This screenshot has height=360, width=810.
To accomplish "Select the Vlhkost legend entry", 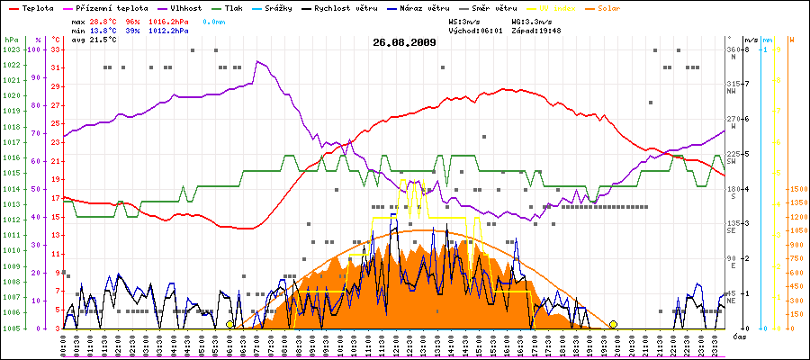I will point(184,7).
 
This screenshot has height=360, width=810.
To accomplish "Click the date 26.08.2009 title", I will point(405,42).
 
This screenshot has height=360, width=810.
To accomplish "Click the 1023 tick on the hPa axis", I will point(11,49).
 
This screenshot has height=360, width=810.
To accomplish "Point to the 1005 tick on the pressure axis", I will point(11,328).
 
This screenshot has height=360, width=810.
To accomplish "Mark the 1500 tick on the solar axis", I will point(797,189).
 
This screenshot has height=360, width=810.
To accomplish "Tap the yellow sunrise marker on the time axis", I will point(230,324).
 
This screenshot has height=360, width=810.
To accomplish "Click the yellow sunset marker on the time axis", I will point(613,324).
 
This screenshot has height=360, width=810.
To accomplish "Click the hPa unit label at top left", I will point(10,40).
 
